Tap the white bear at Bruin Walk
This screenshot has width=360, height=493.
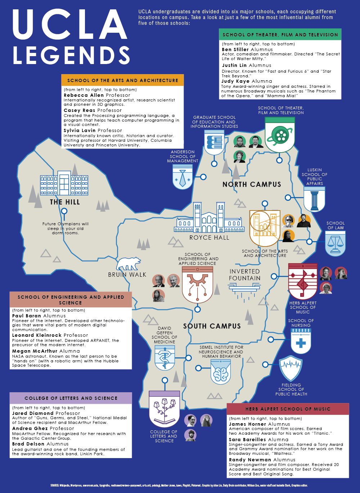pos(129,264)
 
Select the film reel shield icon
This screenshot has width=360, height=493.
pos(280,135)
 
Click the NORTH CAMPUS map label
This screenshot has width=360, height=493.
pos(252,184)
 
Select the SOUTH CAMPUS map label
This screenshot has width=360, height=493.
pos(212,326)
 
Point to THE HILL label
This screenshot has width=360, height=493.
pos(65,202)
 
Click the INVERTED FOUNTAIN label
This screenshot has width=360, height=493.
pos(245,275)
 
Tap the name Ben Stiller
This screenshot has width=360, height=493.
pos(235,49)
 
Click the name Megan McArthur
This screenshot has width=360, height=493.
pos(35,351)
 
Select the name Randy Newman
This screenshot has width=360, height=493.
pos(250,460)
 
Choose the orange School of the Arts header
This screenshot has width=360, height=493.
pos(122,80)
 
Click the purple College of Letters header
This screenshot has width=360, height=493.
pos(71,398)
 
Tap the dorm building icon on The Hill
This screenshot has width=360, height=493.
pos(64,185)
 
